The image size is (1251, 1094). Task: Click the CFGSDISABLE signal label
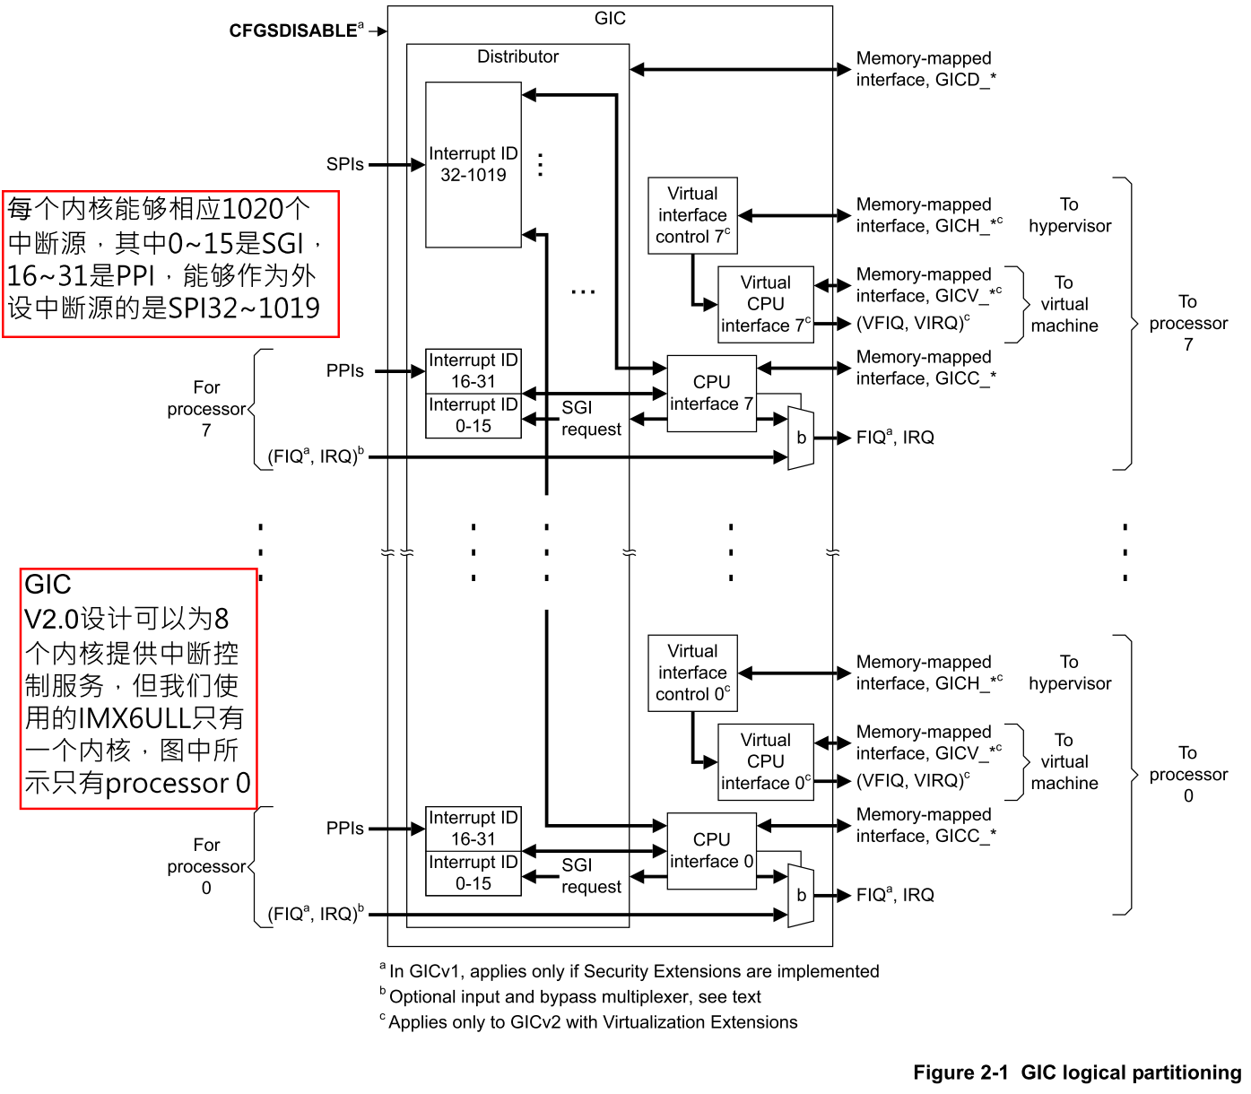(x=293, y=30)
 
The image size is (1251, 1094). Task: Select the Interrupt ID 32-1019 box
(x=473, y=164)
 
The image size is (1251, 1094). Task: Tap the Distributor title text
(x=517, y=56)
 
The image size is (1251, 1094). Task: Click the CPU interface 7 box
(x=711, y=394)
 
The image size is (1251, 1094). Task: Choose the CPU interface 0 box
(x=711, y=851)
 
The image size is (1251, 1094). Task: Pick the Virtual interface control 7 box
(x=692, y=215)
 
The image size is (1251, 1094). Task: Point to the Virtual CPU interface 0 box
(x=765, y=761)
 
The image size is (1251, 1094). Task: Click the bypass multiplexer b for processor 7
(x=801, y=438)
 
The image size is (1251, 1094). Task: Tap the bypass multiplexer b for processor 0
(x=801, y=895)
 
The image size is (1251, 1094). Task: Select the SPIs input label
(x=344, y=164)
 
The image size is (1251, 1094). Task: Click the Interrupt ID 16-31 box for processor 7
(x=473, y=370)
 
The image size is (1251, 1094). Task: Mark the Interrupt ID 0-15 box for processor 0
(x=473, y=873)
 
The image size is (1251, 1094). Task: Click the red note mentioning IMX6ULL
(x=138, y=688)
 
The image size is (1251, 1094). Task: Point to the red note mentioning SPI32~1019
(x=170, y=264)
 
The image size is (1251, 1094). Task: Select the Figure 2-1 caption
(x=1076, y=1072)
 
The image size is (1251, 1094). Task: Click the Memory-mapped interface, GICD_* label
(x=925, y=69)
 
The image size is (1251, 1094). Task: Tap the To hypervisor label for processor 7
(x=1069, y=215)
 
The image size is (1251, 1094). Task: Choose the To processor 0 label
(x=1188, y=774)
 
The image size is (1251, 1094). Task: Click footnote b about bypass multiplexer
(x=574, y=996)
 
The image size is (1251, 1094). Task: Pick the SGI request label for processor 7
(x=590, y=418)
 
